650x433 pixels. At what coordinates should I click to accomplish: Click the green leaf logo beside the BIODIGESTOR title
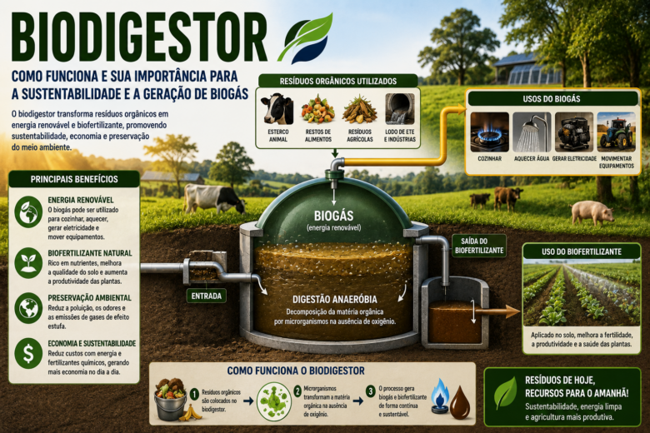[x=309, y=38]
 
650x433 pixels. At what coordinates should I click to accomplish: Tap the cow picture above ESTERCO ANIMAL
[x=277, y=108]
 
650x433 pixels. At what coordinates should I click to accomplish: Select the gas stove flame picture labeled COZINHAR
[x=489, y=132]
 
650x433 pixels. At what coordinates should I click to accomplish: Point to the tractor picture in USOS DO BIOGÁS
[x=616, y=132]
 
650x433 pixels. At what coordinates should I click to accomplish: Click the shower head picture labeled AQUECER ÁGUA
[x=532, y=132]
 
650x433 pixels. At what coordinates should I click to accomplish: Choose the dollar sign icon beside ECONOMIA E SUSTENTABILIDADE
[x=28, y=353]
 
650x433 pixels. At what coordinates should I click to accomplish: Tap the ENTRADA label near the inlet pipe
[x=206, y=296]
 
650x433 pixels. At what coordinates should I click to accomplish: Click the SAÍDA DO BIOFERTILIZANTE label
[x=479, y=246]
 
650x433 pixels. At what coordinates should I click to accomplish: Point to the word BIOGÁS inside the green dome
[x=333, y=216]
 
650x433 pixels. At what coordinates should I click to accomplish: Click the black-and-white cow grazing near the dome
[x=214, y=198]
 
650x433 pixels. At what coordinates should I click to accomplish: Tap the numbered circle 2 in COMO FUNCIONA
[x=297, y=391]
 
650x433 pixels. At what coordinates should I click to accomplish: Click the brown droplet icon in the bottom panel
[x=460, y=402]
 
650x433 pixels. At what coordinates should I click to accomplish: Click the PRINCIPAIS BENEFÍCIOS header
[x=74, y=179]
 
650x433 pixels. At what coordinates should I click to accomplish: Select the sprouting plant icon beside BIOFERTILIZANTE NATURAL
[x=28, y=262]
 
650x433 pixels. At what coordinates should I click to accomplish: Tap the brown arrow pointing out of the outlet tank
[x=500, y=312]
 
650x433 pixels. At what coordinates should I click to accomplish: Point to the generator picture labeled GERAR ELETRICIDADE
[x=574, y=132]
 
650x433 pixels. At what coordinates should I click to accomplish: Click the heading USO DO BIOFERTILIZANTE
[x=581, y=251]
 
